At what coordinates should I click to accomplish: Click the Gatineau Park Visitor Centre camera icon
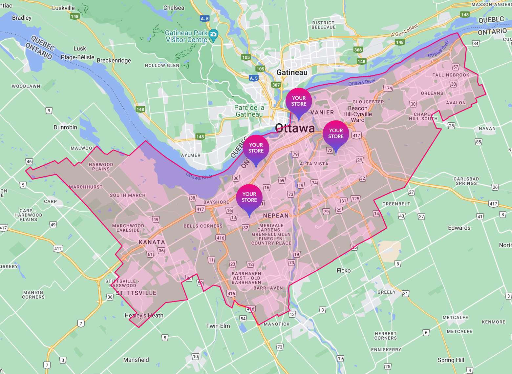tap(213, 34)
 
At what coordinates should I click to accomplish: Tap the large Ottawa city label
tap(295, 128)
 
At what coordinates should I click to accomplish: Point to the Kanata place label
tap(152, 242)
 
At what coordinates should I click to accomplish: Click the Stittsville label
tap(136, 293)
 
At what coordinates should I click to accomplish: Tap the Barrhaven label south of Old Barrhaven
tap(268, 288)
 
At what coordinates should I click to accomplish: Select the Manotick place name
tap(277, 324)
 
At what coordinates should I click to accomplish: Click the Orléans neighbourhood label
tap(432, 93)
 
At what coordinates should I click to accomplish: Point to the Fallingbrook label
tap(451, 75)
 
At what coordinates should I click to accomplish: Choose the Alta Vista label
tap(314, 164)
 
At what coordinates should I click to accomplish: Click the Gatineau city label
tap(292, 73)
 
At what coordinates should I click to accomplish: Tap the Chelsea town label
tap(174, 8)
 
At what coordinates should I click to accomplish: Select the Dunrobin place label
tap(65, 127)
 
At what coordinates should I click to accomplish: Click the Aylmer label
tap(191, 155)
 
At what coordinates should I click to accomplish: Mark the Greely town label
tap(386, 292)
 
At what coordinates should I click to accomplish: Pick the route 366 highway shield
tap(358, 50)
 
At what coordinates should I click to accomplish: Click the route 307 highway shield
tap(276, 85)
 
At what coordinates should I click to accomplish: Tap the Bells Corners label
tap(203, 226)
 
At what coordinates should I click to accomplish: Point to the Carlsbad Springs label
tap(466, 181)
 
